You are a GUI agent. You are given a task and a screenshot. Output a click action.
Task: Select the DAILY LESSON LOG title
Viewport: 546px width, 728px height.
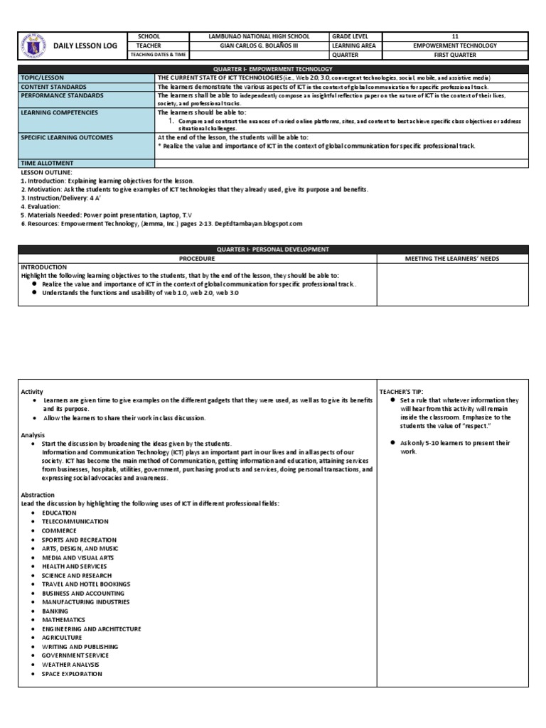coord(84,45)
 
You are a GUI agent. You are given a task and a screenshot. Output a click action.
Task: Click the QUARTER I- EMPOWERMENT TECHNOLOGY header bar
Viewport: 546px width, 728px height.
coord(273,69)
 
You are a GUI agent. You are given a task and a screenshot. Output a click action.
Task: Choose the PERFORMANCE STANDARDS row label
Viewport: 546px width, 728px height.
coord(62,95)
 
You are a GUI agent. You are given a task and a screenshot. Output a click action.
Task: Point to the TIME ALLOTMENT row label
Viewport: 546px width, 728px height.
coord(47,164)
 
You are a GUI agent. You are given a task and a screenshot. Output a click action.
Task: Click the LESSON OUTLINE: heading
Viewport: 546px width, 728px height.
coord(46,172)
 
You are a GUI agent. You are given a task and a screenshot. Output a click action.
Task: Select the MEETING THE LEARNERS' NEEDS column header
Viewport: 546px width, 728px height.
coord(452,259)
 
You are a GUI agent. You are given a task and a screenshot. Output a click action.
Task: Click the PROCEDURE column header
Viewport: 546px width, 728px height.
coord(198,259)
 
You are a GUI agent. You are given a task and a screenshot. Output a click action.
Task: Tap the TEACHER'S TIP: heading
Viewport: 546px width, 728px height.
coord(402,392)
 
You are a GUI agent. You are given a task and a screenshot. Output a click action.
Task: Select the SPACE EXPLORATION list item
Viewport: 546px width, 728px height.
coord(72,674)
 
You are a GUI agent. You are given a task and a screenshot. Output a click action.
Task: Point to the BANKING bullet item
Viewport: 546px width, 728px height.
coord(55,611)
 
